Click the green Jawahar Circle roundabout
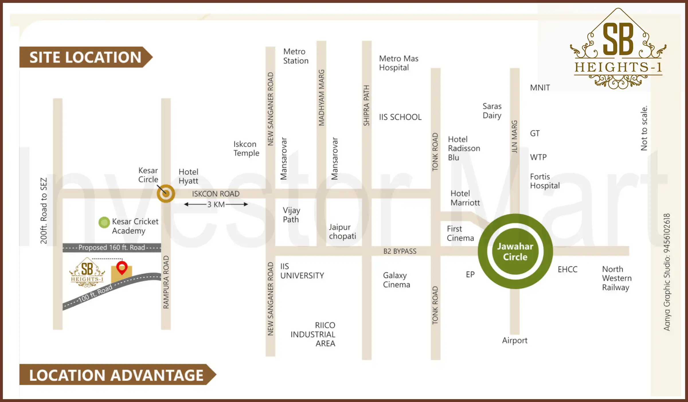515,251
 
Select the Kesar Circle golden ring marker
166,194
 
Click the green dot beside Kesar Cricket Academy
104,222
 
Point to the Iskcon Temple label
246,148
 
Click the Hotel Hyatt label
188,176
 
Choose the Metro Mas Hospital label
398,63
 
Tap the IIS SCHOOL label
400,117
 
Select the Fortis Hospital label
545,181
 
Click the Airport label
515,341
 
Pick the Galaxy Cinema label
396,280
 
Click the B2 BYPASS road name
400,251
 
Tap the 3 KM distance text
216,204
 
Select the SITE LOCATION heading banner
85,57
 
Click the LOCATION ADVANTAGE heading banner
116,375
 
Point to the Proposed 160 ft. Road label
112,248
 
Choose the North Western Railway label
617,278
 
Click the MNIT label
540,88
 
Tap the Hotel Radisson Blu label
464,148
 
